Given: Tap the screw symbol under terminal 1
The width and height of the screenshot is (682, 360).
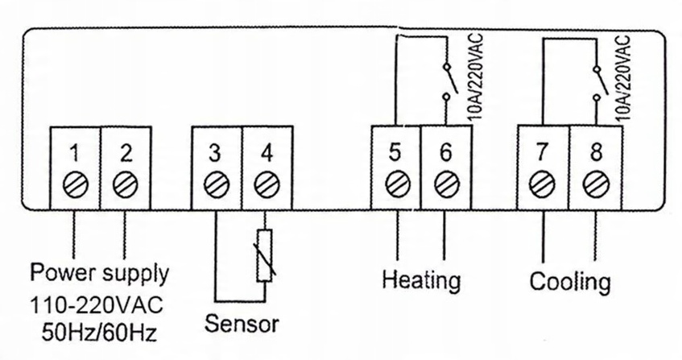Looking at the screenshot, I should click(x=73, y=183).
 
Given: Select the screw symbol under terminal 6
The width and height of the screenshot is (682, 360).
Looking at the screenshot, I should click(x=444, y=183).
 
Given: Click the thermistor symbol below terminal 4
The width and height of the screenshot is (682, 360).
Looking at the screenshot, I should click(x=263, y=256).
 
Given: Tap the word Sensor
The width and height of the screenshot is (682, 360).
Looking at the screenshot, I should click(x=242, y=325).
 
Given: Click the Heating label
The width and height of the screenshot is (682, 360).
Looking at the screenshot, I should click(x=421, y=281).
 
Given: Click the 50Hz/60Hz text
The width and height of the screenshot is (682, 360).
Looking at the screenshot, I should click(x=97, y=331).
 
